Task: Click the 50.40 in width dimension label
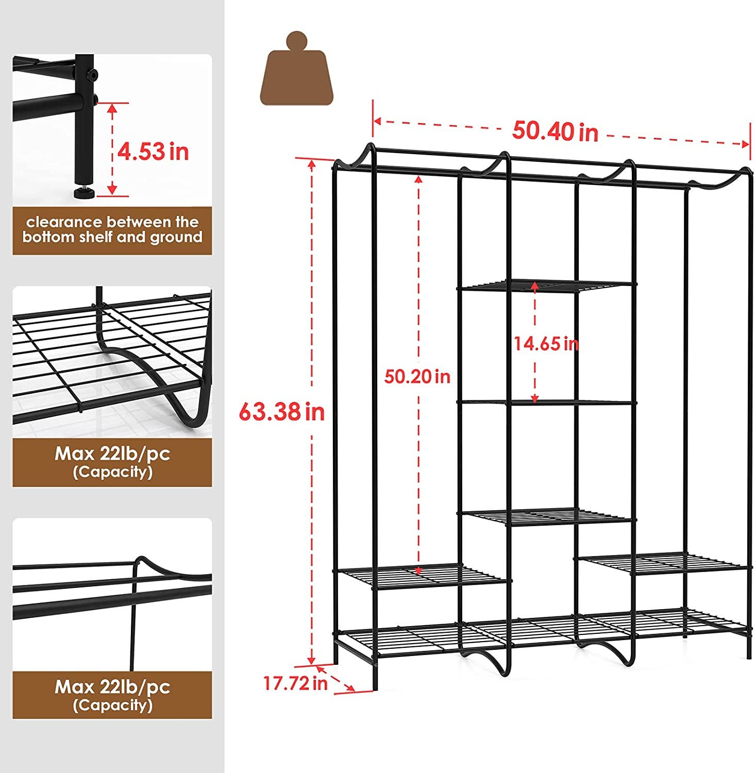(x=555, y=131)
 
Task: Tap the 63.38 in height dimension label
(x=281, y=412)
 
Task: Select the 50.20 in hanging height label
(x=417, y=376)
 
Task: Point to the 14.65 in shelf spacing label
(x=546, y=343)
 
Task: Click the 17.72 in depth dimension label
(x=295, y=683)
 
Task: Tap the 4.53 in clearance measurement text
(x=153, y=152)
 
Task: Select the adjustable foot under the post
(x=83, y=193)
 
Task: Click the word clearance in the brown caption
(x=64, y=222)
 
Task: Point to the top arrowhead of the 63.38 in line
(x=311, y=163)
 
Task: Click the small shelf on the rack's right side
(x=661, y=562)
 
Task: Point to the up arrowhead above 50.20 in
(x=418, y=179)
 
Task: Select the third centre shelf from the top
(x=547, y=517)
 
